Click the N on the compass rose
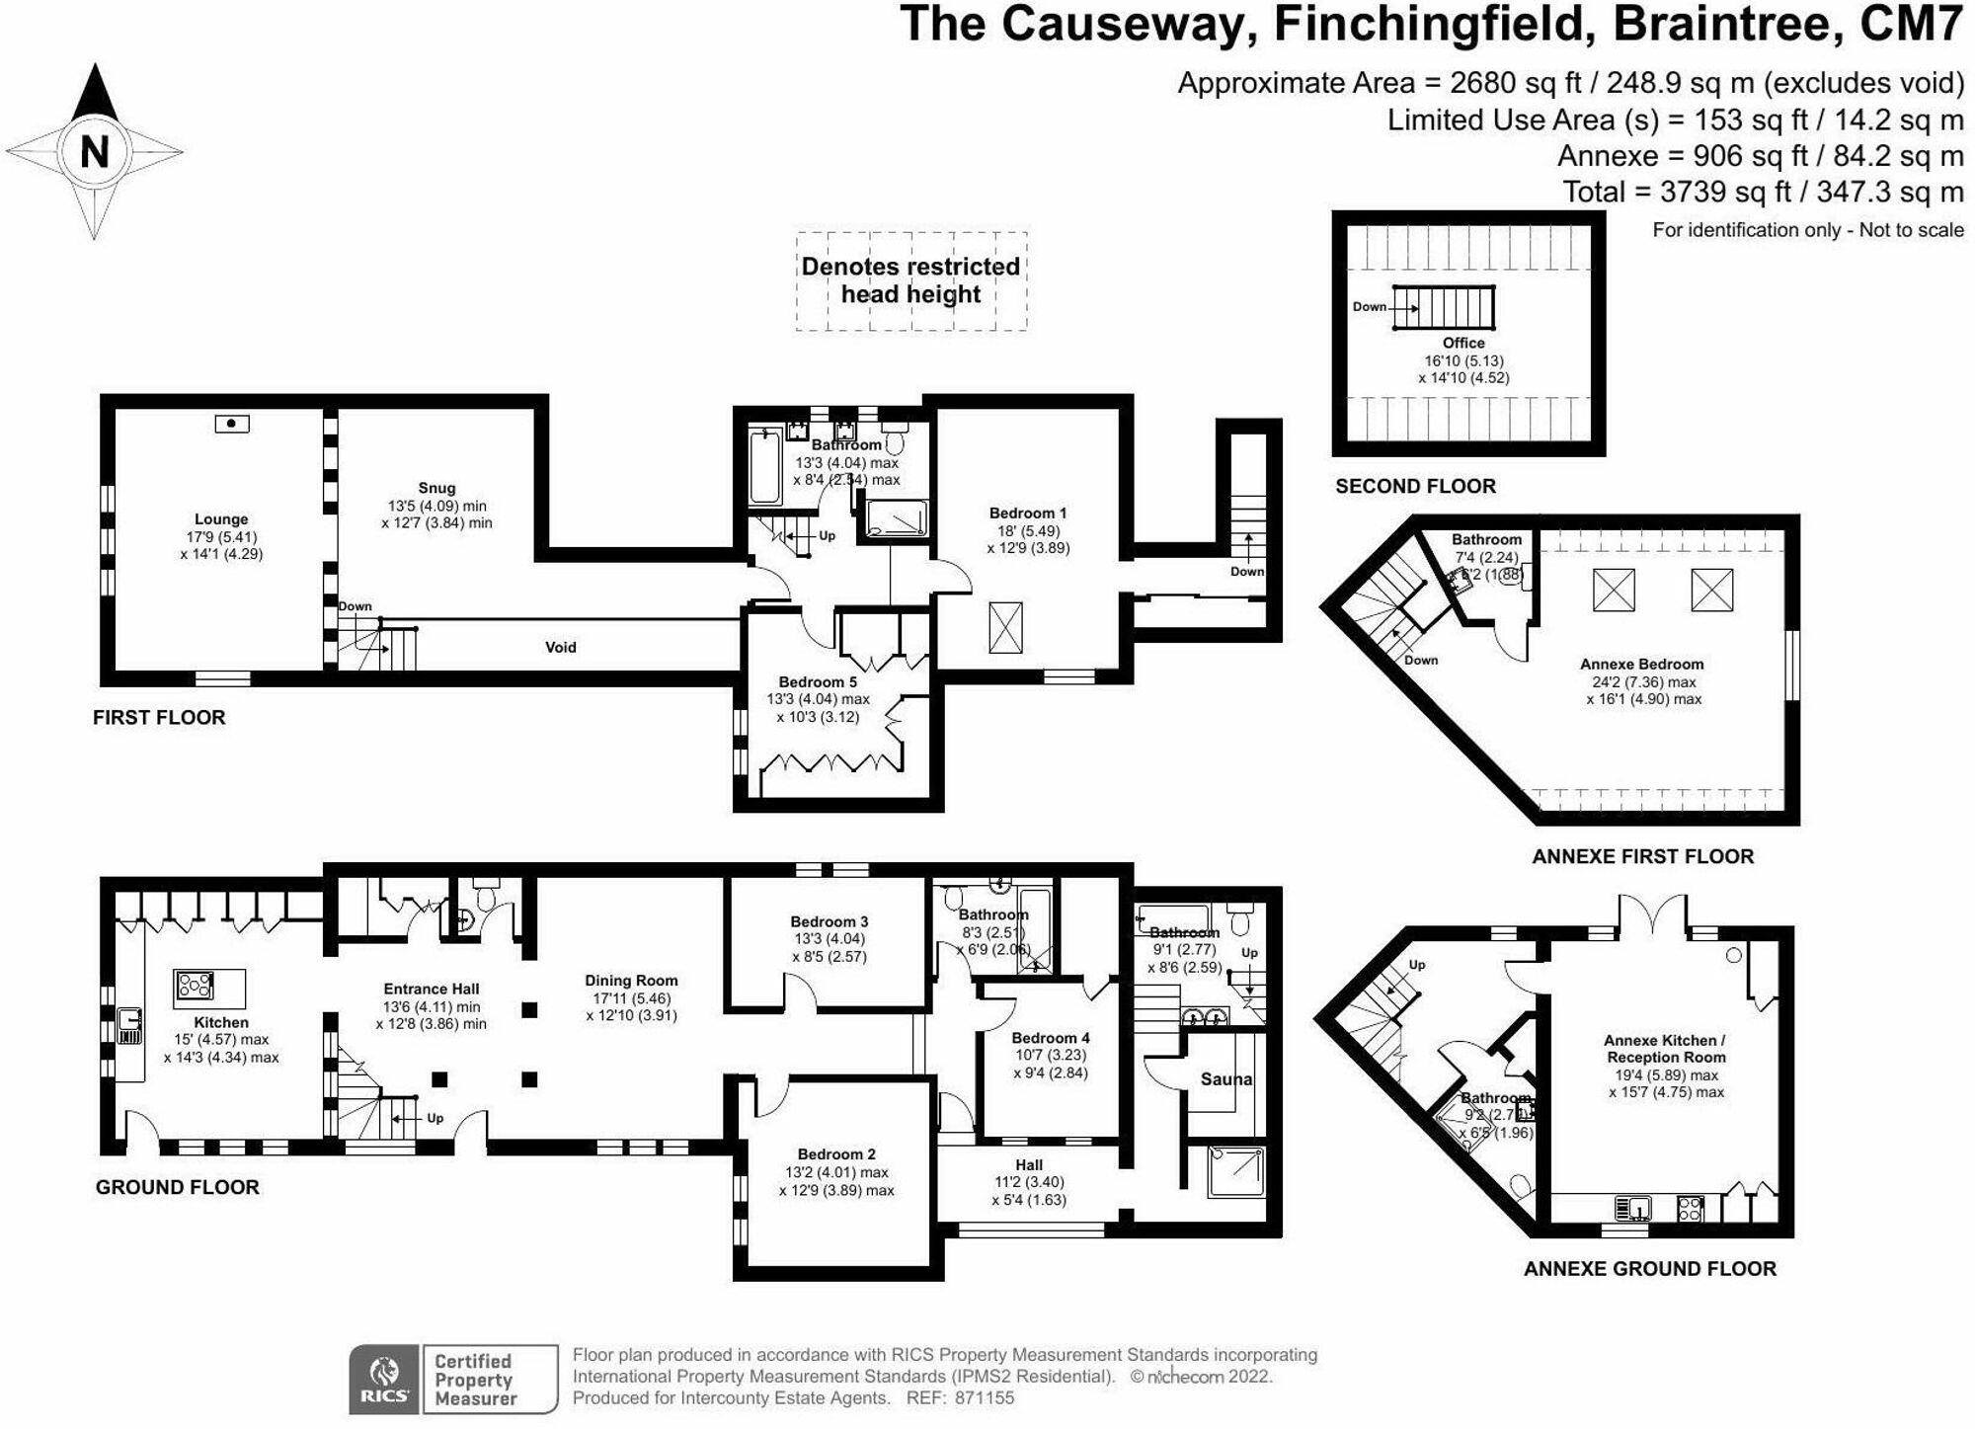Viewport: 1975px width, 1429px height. click(95, 153)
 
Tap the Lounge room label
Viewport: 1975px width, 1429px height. click(221, 519)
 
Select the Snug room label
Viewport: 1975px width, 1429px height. click(436, 488)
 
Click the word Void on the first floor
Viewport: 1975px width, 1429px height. click(561, 648)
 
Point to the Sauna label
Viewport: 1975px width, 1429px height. click(1226, 1079)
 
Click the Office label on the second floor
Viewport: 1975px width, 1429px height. click(1463, 343)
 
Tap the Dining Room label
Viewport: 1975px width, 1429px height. click(631, 981)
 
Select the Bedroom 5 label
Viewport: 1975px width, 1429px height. click(818, 682)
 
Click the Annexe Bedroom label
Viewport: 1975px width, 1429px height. click(1642, 665)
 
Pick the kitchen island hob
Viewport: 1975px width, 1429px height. click(195, 986)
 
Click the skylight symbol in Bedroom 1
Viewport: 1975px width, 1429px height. click(1006, 628)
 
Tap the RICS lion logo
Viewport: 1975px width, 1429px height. click(384, 1373)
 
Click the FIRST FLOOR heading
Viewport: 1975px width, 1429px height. click(159, 718)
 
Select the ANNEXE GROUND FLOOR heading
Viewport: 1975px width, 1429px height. click(1650, 1269)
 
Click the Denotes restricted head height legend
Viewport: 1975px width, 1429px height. click(910, 280)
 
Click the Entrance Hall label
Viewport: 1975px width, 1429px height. click(432, 989)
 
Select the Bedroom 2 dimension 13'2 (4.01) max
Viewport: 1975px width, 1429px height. click(836, 1172)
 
